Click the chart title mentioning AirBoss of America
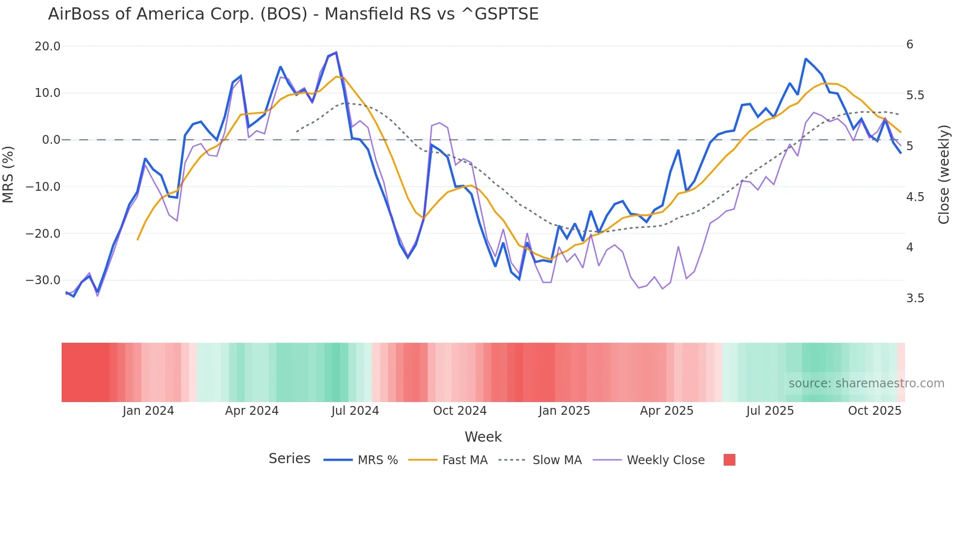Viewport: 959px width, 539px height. [293, 14]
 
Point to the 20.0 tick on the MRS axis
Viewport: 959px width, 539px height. [47, 46]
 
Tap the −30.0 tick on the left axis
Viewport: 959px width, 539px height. [43, 280]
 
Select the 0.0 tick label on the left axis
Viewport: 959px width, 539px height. [51, 140]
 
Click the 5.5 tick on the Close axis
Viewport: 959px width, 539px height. [915, 95]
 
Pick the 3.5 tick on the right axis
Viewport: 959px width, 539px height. [915, 298]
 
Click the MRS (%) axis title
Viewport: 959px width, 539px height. [8, 174]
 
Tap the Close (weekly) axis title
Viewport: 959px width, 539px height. [944, 174]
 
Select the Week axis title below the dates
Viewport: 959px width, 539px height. [483, 437]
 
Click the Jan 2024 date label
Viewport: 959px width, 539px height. [148, 411]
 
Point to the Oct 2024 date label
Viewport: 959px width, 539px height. [460, 411]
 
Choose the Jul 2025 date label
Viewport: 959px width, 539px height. [770, 411]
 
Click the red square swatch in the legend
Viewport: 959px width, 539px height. [729, 460]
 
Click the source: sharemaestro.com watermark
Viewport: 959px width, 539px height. [866, 383]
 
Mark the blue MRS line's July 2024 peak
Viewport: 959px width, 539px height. [336, 53]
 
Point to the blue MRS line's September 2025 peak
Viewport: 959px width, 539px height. [806, 59]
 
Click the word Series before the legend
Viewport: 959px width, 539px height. [289, 459]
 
